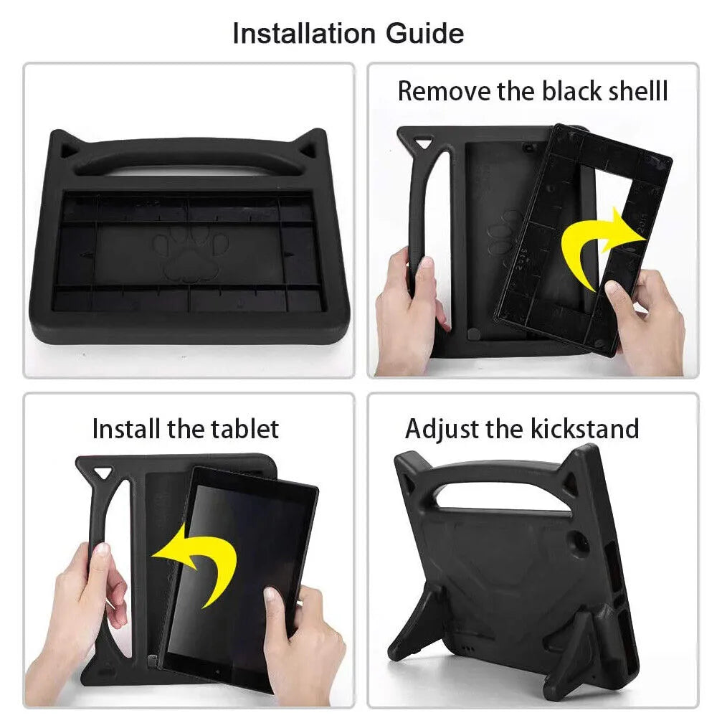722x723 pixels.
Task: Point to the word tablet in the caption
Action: point(244,429)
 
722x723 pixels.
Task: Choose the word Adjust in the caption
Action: point(442,429)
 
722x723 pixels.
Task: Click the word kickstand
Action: point(584,429)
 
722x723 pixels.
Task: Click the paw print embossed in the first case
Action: point(189,255)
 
